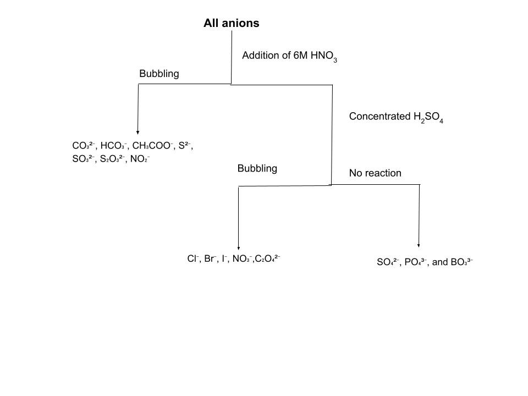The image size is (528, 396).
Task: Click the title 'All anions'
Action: [x=231, y=23]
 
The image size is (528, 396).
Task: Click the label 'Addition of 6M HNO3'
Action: [x=289, y=56]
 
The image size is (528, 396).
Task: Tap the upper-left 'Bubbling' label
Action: [x=159, y=74]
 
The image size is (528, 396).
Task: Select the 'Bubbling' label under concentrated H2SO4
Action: [x=257, y=168]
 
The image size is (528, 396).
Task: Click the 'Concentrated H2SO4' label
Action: [x=395, y=117]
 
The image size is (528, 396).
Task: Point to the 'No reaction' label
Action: [x=375, y=173]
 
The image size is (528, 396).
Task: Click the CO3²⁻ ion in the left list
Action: [x=84, y=146]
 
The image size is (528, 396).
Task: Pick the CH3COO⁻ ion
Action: [x=152, y=146]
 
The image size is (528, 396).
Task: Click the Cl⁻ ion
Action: [x=193, y=258]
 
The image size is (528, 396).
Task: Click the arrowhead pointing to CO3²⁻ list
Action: [x=137, y=132]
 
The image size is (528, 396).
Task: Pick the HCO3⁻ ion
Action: [x=114, y=146]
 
